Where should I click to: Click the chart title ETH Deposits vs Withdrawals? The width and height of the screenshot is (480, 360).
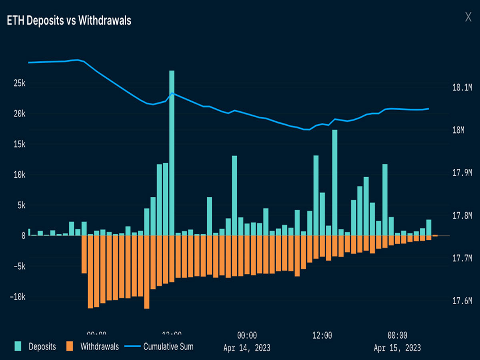pyautogui.click(x=69, y=21)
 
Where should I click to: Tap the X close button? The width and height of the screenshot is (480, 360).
pyautogui.click(x=468, y=17)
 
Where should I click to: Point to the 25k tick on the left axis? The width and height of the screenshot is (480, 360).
pyautogui.click(x=19, y=83)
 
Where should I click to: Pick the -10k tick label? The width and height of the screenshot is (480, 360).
pyautogui.click(x=17, y=297)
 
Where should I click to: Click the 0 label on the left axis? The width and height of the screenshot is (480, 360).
pyautogui.click(x=23, y=236)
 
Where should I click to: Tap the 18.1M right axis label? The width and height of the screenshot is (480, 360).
pyautogui.click(x=462, y=88)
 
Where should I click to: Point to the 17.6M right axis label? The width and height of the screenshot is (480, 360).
pyautogui.click(x=462, y=300)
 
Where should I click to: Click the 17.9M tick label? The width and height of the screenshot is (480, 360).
pyautogui.click(x=462, y=173)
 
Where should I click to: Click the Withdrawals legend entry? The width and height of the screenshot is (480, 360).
pyautogui.click(x=92, y=347)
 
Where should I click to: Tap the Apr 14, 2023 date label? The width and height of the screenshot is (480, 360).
pyautogui.click(x=247, y=348)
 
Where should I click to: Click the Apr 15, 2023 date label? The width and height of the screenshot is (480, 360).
pyautogui.click(x=397, y=348)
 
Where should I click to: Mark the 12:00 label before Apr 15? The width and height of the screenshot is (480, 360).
pyautogui.click(x=322, y=336)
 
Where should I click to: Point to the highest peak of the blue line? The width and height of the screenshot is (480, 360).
pyautogui.click(x=77, y=60)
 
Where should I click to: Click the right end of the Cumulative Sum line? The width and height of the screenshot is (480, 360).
pyautogui.click(x=428, y=109)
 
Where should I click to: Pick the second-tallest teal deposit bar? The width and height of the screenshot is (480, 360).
pyautogui.click(x=335, y=182)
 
